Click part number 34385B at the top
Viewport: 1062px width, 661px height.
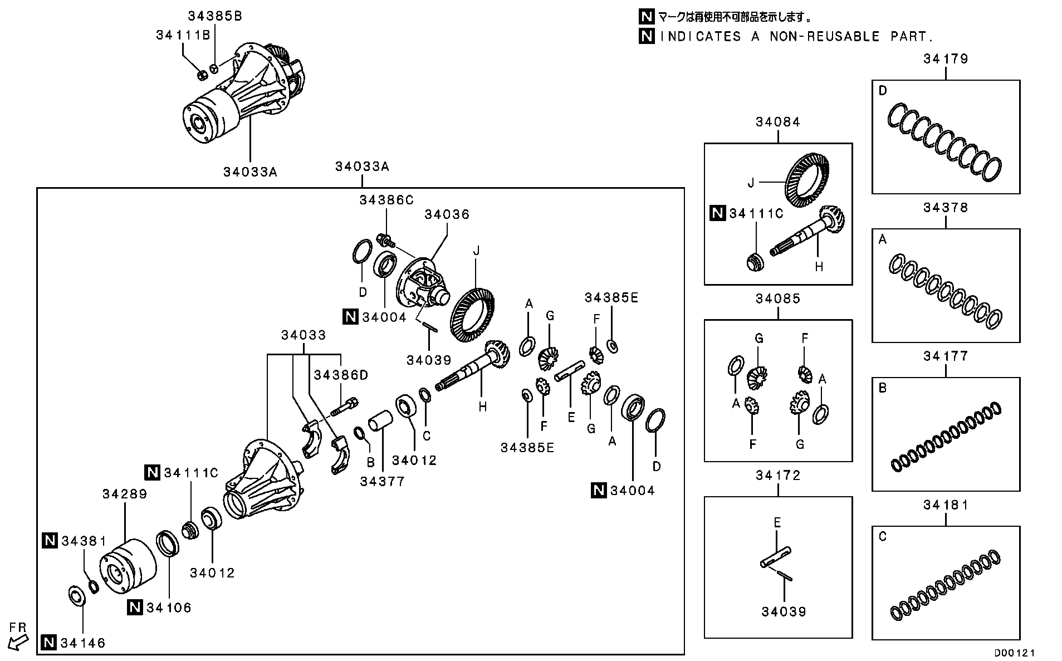pos(215,16)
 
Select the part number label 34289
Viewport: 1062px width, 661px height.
pos(125,494)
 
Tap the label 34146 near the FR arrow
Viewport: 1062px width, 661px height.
pos(83,643)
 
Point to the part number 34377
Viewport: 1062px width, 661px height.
pos(382,482)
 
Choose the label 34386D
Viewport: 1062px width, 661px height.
pos(341,375)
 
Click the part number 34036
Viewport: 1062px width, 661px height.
pos(447,214)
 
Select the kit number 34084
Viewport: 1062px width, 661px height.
pos(777,122)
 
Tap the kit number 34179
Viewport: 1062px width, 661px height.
pos(946,58)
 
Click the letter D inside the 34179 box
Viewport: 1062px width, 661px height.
pos(883,91)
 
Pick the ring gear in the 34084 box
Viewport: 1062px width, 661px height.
pos(807,182)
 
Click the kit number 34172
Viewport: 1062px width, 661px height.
pos(777,475)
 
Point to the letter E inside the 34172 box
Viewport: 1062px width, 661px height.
pos(777,522)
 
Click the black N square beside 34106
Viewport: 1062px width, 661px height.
pos(135,608)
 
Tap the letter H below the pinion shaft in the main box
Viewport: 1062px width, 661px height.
pos(482,407)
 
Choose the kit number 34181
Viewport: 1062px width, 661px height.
pos(946,505)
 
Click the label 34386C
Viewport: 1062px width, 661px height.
pos(386,200)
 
